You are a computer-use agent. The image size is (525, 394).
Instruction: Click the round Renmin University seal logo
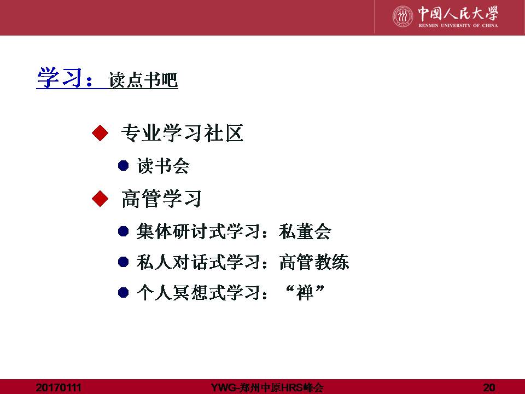[403, 16]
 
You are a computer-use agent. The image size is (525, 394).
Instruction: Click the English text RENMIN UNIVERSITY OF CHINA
[458, 26]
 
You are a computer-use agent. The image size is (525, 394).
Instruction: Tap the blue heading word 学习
[60, 78]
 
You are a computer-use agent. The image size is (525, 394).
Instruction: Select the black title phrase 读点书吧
[143, 80]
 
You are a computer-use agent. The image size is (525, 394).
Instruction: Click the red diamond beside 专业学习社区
[100, 133]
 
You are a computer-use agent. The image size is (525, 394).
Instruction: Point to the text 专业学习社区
[182, 133]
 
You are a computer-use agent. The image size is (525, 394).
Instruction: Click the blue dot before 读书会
[124, 165]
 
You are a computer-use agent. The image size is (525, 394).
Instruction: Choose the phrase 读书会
[163, 166]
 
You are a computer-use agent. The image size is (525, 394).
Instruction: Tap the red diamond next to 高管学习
[100, 199]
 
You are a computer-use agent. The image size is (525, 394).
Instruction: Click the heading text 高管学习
[161, 199]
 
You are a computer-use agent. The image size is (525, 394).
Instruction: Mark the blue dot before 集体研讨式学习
[124, 231]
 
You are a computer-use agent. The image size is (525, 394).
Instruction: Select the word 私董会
[305, 231]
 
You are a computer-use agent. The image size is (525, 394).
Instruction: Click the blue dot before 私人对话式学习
[124, 262]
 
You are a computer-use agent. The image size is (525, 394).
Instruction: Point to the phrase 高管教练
[314, 262]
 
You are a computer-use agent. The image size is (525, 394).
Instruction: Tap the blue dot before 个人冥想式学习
[124, 292]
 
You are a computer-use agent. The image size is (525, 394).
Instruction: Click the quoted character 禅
[305, 292]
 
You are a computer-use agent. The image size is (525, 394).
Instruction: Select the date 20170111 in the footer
[59, 387]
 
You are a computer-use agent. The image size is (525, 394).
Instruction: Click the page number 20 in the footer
[489, 387]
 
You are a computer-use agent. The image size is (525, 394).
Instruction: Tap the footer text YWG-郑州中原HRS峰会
[267, 387]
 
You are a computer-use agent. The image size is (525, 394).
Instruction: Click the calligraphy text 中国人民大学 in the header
[458, 13]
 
